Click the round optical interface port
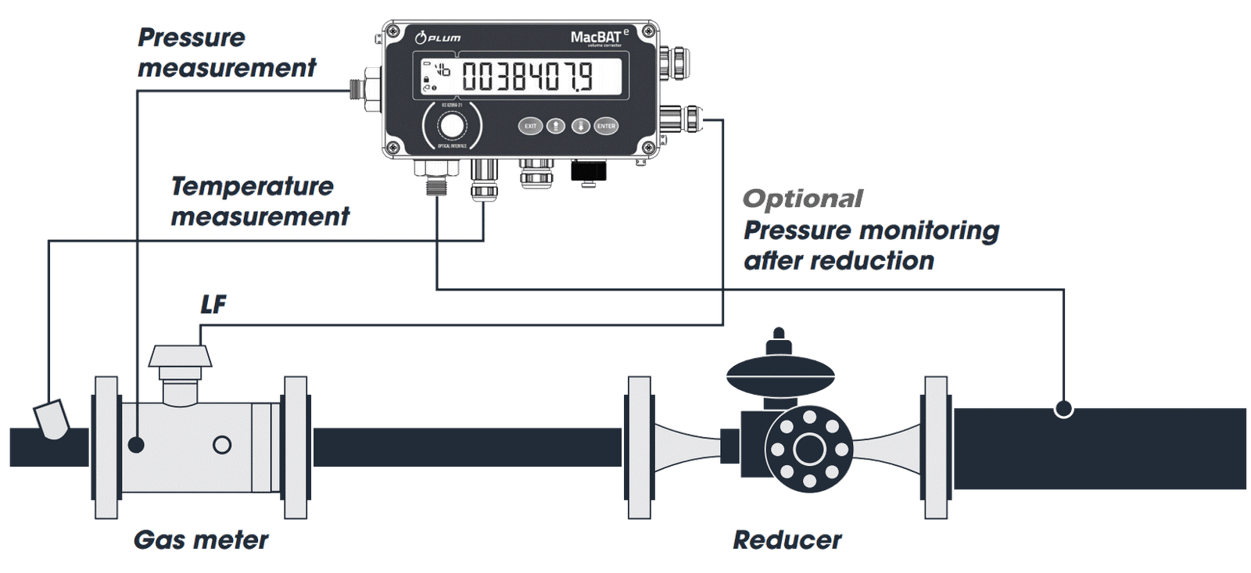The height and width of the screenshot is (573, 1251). pyautogui.click(x=450, y=126)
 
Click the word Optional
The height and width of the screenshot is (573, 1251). pyautogui.click(x=803, y=199)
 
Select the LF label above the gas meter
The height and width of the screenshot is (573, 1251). pyautogui.click(x=213, y=304)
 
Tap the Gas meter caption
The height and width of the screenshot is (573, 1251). pyautogui.click(x=201, y=539)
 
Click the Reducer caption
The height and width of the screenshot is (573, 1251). pyautogui.click(x=787, y=539)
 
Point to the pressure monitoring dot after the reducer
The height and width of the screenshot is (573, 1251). pyautogui.click(x=1063, y=408)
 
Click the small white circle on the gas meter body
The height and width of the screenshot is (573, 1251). pyautogui.click(x=223, y=445)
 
